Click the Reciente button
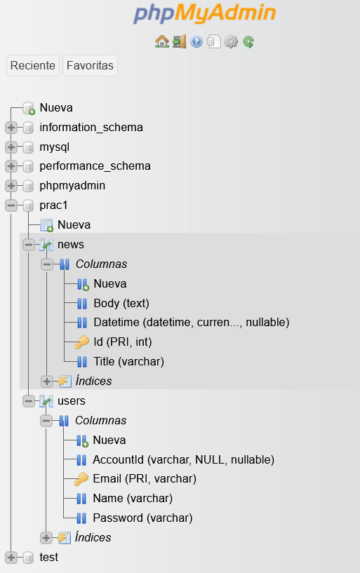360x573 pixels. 33,66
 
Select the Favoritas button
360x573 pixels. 90,66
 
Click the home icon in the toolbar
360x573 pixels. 162,41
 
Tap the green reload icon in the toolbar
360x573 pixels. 248,42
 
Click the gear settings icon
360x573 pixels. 231,41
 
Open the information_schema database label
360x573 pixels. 91,127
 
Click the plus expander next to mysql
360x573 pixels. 11,147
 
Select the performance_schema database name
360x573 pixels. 95,166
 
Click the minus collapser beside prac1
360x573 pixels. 11,205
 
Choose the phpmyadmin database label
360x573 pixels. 72,186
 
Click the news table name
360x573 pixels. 71,244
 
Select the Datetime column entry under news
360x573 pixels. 192,323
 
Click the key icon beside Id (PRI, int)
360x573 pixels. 82,342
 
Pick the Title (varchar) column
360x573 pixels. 128,361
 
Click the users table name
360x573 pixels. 72,401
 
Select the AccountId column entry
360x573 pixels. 183,459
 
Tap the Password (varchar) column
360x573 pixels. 142,518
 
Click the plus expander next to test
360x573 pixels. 11,558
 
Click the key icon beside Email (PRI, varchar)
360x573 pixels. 81,479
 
